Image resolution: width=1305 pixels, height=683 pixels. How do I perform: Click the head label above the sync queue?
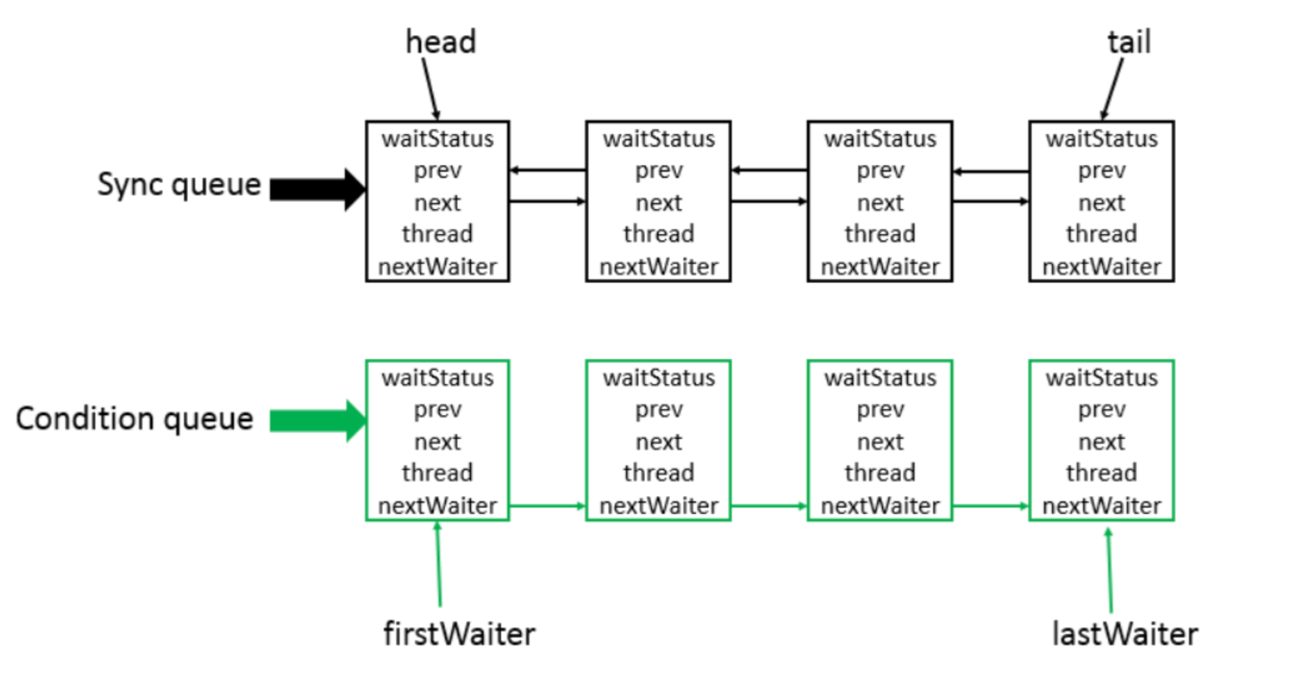(x=440, y=42)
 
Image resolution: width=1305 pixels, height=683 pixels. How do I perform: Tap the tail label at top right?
(x=1129, y=42)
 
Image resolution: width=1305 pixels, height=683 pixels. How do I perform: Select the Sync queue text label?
(x=179, y=184)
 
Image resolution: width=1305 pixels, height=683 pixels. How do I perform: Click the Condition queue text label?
(x=135, y=418)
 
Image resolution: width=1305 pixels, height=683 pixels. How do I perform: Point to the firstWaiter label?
(x=459, y=634)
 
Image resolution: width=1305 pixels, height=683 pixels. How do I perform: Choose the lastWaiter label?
(x=1124, y=634)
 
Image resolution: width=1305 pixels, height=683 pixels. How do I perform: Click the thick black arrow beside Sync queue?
(x=317, y=189)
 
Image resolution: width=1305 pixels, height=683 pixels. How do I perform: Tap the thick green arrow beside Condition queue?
(x=317, y=421)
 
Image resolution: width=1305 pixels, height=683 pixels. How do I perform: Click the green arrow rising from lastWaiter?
(x=1109, y=570)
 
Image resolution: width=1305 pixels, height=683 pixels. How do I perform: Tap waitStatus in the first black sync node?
(x=438, y=138)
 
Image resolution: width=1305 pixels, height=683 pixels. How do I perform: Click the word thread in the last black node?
(x=1101, y=234)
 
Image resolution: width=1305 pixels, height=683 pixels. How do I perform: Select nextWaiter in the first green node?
(x=438, y=506)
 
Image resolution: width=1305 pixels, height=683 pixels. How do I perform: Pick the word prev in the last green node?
(x=1101, y=409)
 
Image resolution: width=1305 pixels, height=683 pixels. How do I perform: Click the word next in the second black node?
(x=658, y=202)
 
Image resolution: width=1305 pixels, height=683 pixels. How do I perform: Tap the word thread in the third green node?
(x=880, y=473)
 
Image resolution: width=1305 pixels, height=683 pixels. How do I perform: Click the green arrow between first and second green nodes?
(x=547, y=506)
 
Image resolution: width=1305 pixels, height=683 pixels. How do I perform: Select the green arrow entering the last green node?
(x=990, y=506)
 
